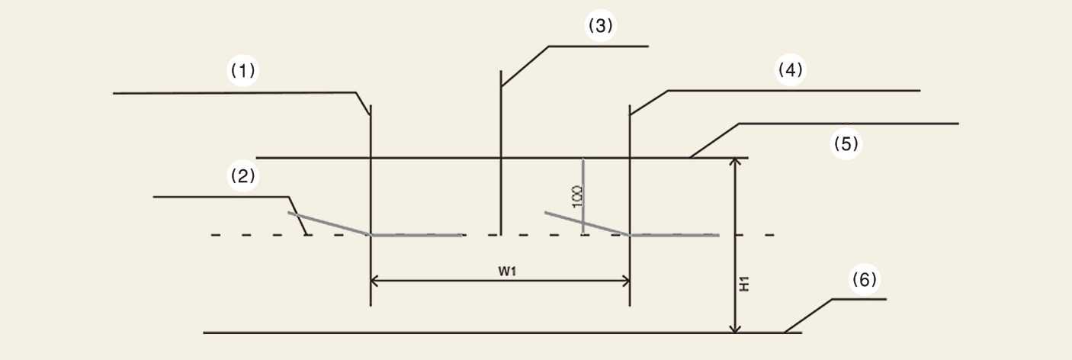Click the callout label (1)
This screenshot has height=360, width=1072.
(243, 71)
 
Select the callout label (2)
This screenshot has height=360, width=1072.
(243, 176)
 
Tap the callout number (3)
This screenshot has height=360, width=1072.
(600, 25)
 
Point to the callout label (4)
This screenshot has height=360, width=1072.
(790, 70)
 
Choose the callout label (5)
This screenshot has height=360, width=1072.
(846, 143)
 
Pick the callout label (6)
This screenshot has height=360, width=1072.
(865, 280)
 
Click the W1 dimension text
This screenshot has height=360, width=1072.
(507, 272)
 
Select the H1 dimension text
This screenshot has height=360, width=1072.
(744, 284)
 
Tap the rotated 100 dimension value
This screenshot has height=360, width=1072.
(577, 196)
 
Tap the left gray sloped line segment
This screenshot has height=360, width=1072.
(329, 223)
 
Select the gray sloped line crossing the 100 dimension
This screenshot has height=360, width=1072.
(587, 223)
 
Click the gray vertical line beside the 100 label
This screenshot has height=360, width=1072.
(583, 196)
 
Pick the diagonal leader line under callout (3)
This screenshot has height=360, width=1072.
(525, 66)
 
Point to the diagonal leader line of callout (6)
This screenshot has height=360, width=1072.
(808, 316)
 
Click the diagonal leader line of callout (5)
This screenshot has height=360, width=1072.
(714, 140)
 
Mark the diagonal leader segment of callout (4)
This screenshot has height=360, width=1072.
(649, 102)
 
